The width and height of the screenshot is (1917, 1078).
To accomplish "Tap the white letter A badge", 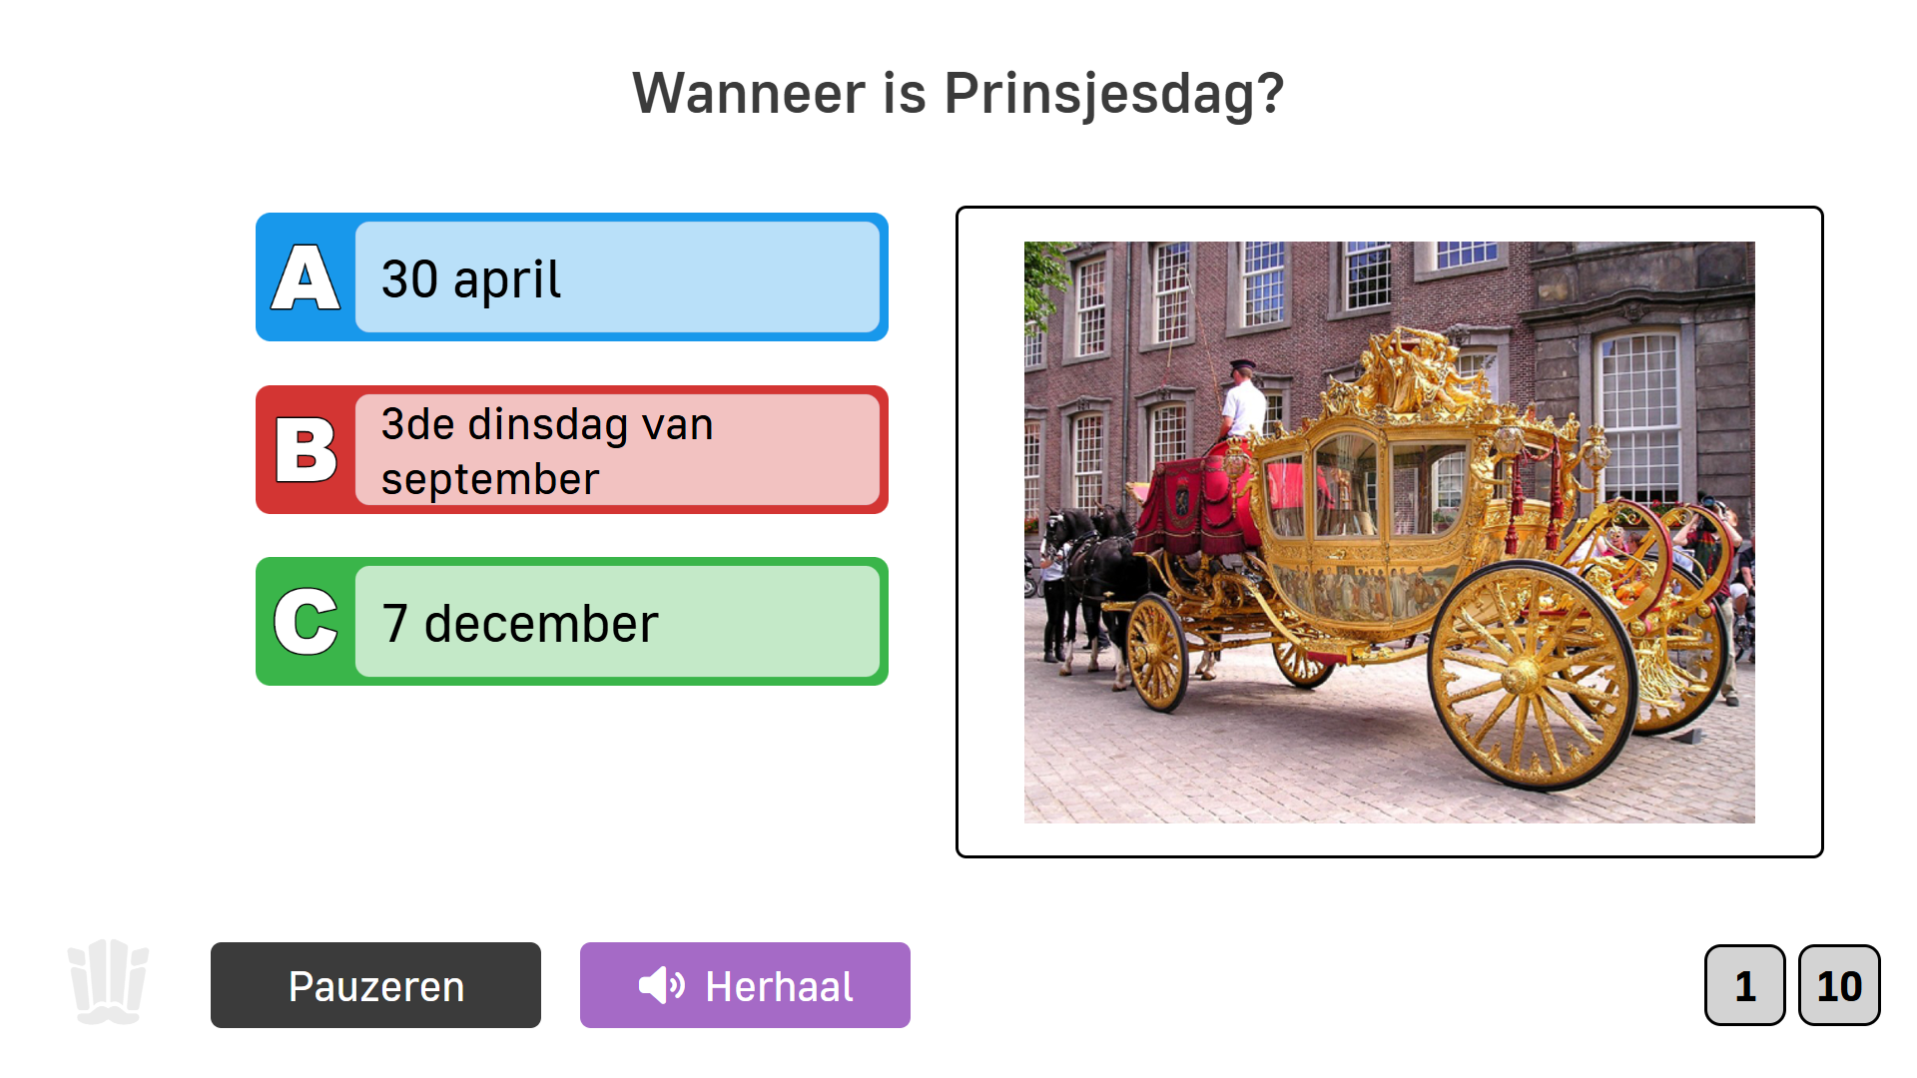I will (x=306, y=278).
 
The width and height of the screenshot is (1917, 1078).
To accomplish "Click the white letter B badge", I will (x=306, y=450).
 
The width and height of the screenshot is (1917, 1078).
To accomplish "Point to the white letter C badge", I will (x=306, y=622).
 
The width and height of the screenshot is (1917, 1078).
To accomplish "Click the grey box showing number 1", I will (x=1744, y=985).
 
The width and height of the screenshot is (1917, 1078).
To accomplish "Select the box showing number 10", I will (x=1839, y=985).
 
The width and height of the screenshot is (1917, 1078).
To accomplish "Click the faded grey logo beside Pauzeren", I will (x=108, y=981).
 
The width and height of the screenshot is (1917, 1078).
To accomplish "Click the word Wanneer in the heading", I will (x=749, y=95).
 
